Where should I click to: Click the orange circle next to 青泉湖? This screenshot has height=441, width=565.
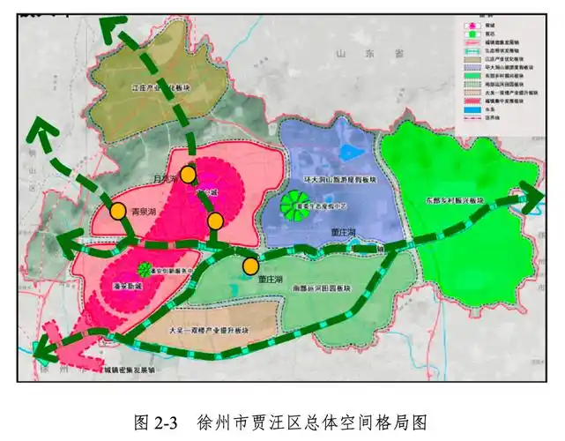[x=117, y=211]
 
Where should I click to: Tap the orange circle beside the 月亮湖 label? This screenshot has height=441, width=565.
[x=188, y=175]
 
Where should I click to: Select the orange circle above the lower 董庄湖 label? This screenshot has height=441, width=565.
[x=251, y=265]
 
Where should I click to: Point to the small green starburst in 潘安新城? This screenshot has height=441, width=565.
[x=143, y=269]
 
